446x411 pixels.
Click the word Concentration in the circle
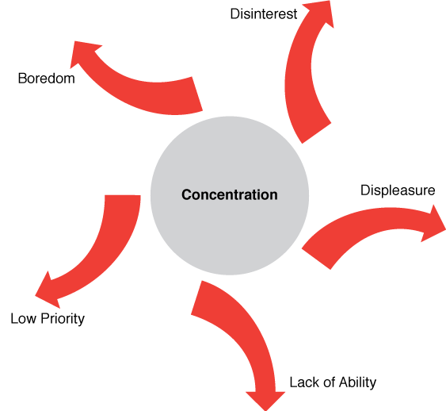[x=230, y=195]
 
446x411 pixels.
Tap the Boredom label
[x=47, y=79]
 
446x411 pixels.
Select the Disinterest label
[x=264, y=14]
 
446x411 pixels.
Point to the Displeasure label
[x=398, y=190]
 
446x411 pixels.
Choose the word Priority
[x=63, y=319]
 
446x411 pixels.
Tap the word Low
[x=24, y=318]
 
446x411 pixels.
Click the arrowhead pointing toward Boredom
[x=84, y=53]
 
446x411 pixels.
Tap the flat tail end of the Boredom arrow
[x=197, y=94]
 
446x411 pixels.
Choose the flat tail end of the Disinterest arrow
[x=316, y=133]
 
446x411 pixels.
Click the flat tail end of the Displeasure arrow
[x=316, y=259]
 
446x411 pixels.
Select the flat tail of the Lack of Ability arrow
[x=196, y=298]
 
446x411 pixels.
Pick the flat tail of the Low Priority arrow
[x=123, y=196]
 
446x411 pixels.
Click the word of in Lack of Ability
[x=329, y=382]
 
